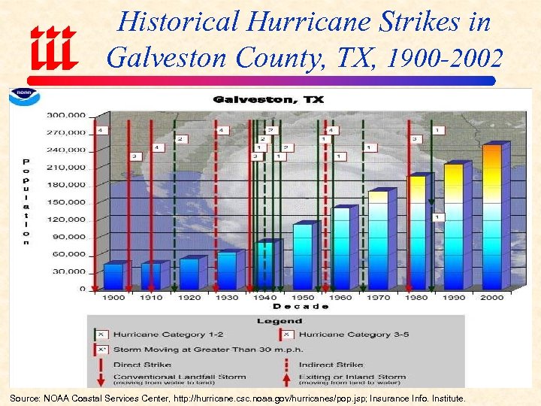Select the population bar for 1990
(x=453, y=226)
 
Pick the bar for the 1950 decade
(x=302, y=256)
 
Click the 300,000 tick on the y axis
(x=66, y=115)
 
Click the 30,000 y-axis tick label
(x=68, y=271)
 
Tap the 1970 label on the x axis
(x=379, y=298)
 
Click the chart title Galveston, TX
(x=268, y=99)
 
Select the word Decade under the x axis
(x=300, y=307)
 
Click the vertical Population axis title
(x=26, y=201)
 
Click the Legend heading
(x=279, y=321)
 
